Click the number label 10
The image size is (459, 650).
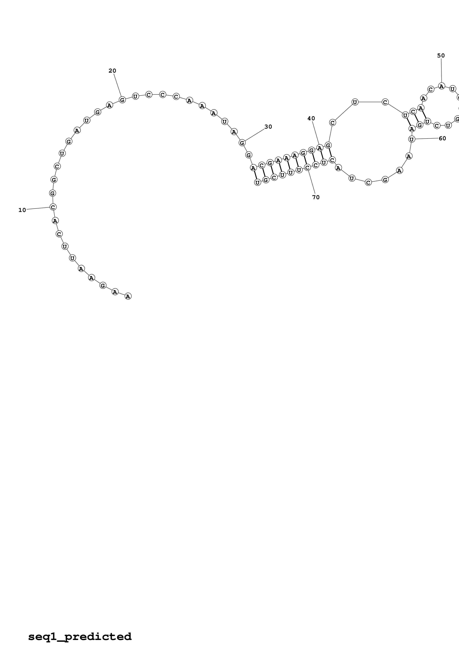point(22,210)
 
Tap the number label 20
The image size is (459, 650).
point(112,71)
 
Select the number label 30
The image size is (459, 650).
point(268,127)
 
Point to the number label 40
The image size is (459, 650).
point(311,119)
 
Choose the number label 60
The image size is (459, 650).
point(442,138)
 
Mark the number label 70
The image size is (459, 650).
point(316,197)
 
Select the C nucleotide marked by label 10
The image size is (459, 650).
point(53,207)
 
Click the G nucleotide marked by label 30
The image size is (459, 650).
point(242,143)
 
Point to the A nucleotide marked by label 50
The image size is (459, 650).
point(441,86)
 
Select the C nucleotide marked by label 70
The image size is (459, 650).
point(307,168)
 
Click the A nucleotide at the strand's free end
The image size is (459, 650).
point(128,296)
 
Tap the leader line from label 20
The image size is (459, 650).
point(117,85)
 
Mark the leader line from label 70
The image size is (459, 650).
point(312,182)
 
